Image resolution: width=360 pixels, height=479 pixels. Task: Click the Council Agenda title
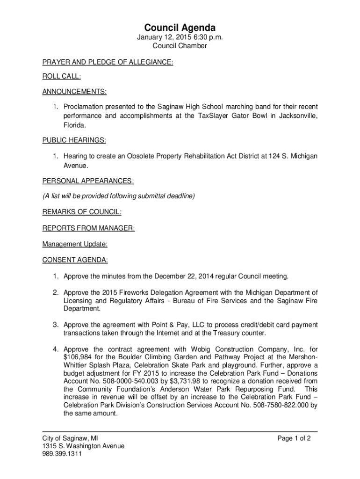(x=180, y=28)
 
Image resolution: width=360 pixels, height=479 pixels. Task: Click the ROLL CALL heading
(x=61, y=76)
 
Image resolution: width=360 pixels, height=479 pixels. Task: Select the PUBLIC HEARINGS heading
(x=74, y=140)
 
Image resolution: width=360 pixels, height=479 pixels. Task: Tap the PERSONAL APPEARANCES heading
(x=88, y=181)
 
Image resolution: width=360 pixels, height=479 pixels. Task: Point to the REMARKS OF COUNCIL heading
(x=82, y=212)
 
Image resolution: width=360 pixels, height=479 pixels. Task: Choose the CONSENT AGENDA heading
(x=75, y=260)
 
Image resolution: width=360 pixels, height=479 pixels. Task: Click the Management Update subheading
(x=75, y=244)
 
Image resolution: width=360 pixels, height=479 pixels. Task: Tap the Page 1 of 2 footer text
(x=294, y=438)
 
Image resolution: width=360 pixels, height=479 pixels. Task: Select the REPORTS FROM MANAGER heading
(x=89, y=228)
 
